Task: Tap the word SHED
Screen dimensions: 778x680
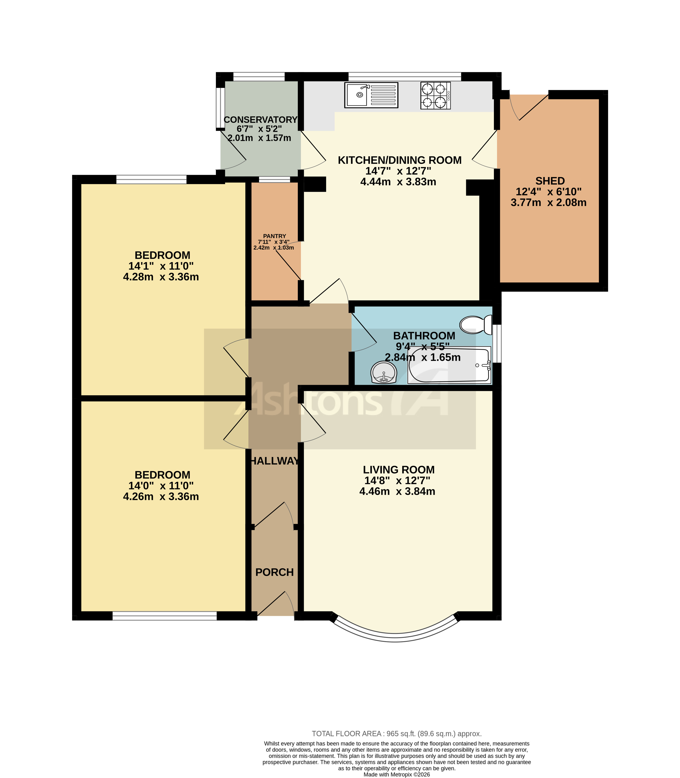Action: point(550,181)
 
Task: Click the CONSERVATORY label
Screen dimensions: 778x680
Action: point(260,120)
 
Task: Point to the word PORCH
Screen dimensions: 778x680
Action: point(274,572)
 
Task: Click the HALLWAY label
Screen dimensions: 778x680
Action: point(274,461)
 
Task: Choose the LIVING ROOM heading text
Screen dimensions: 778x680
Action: point(398,470)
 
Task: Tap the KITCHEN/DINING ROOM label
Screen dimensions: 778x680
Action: point(400,160)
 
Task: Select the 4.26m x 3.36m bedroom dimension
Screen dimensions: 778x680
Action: point(161,496)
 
